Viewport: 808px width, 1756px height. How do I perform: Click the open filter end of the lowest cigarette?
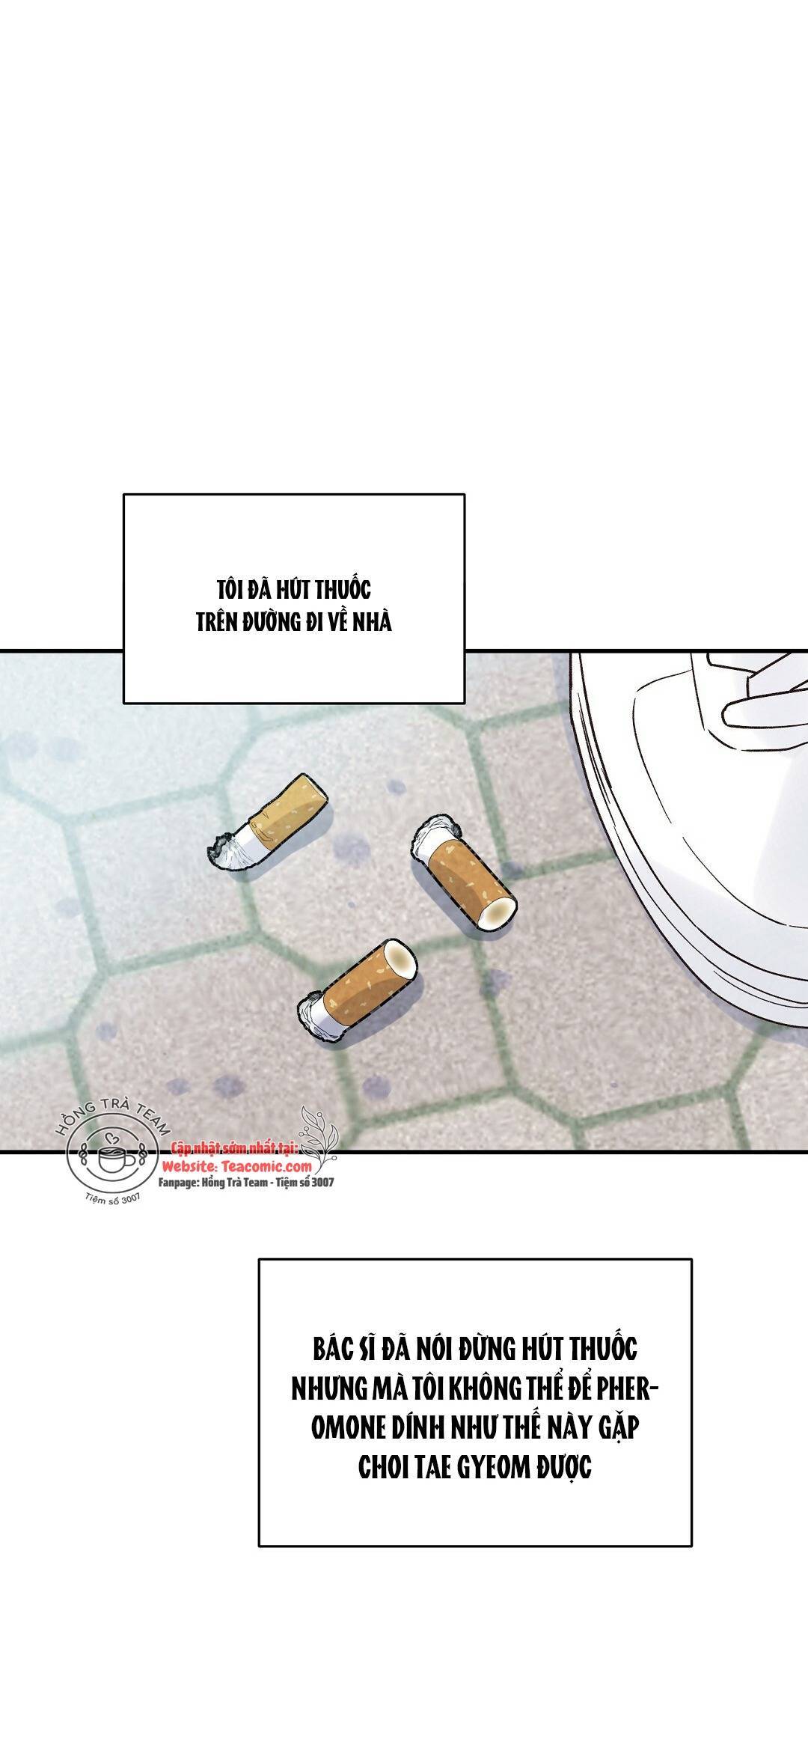[401, 958]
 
